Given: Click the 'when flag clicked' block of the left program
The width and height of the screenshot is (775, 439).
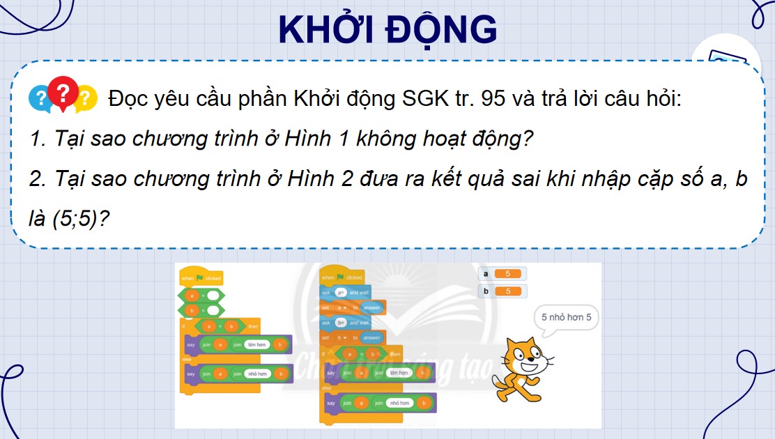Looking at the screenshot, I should pos(201,278).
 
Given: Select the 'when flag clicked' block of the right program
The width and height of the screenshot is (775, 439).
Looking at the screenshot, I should pos(342,277).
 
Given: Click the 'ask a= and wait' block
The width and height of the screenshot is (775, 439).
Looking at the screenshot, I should pos(345,293).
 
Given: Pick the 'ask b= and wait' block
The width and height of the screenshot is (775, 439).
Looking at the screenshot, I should pos(345,323).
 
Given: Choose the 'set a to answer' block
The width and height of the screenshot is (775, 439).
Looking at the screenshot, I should pos(352,307).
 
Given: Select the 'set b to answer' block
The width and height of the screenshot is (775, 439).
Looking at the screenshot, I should pos(352,338).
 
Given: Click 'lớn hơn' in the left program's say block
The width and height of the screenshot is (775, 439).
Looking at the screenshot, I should pos(256,345).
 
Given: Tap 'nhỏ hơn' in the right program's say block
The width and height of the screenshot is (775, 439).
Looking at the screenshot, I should pos(398,403).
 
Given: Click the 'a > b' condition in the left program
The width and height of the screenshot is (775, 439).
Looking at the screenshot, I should pos(217,326).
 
